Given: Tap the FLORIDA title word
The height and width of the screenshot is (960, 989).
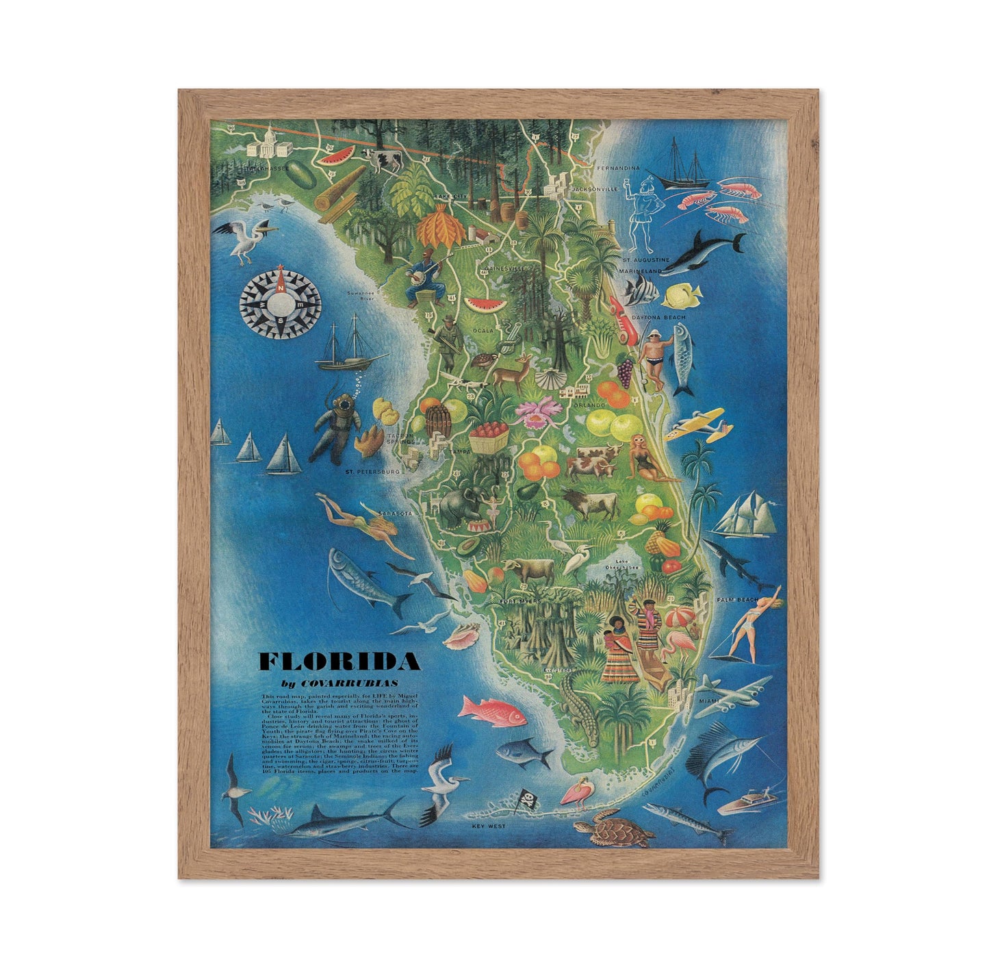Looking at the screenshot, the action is pyautogui.click(x=339, y=661).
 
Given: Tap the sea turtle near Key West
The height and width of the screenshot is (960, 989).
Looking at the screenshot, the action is pyautogui.click(x=613, y=830).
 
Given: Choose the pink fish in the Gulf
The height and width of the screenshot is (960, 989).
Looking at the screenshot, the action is pyautogui.click(x=491, y=711).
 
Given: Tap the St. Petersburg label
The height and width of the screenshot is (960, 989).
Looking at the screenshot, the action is pyautogui.click(x=372, y=472).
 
